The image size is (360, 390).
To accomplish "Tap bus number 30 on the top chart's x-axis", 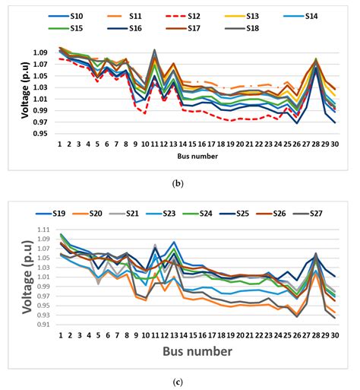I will click(333, 144).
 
